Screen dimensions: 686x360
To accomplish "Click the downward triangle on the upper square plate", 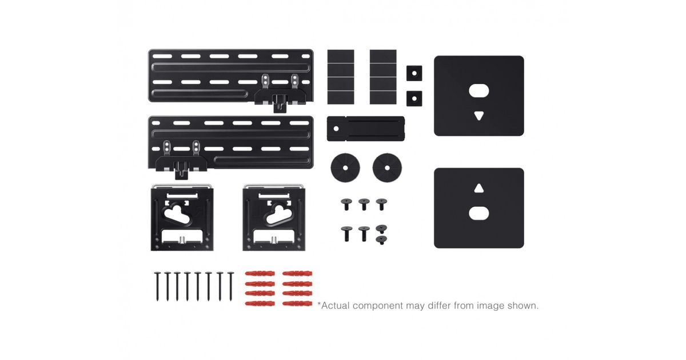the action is click(479, 115).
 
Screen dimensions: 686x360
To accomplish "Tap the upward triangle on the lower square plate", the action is click(479, 188).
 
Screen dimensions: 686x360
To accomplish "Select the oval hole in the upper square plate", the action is click(479, 91).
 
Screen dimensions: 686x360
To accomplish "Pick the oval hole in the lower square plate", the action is click(479, 213).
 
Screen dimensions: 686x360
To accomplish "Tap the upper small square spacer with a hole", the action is click(414, 73).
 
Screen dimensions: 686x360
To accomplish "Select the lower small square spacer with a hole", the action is click(414, 98).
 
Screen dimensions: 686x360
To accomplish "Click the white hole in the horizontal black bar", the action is click(336, 129).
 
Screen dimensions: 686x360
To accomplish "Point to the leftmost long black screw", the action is click(157, 286).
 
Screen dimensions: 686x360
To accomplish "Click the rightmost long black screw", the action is click(230, 286).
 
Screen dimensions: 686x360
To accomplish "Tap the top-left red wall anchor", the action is click(260, 273).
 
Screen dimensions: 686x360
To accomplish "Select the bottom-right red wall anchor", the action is click(297, 303).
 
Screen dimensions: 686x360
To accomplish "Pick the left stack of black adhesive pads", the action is click(341, 77).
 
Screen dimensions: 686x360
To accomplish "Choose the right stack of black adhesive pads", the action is click(383, 77).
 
